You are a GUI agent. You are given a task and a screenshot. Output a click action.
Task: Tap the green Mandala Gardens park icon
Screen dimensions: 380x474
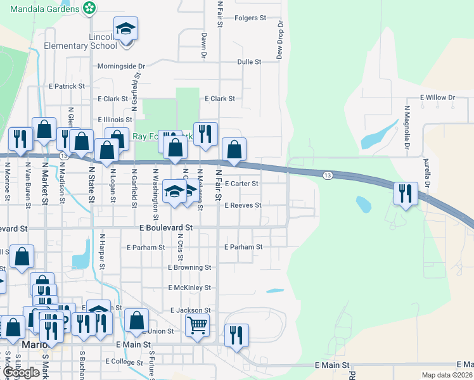pos(91,8)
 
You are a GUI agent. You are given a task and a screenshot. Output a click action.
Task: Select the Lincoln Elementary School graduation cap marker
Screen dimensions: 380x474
pos(125,30)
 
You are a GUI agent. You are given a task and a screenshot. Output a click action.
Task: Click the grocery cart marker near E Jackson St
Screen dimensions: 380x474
pos(198,326)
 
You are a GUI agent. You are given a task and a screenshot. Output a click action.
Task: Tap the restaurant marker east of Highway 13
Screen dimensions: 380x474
pos(405,194)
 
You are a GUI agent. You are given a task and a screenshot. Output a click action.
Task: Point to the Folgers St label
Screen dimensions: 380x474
pos(250,18)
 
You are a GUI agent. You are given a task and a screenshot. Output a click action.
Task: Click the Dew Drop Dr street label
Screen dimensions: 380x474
pos(279,40)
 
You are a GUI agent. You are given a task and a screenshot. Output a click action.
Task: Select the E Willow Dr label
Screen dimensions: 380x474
pos(437,98)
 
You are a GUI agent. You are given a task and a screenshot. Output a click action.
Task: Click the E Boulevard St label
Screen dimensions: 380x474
pos(166,227)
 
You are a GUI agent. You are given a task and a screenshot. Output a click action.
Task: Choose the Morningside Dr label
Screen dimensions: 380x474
pos(121,66)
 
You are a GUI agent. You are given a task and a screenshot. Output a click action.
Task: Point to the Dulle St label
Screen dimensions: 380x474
pos(249,62)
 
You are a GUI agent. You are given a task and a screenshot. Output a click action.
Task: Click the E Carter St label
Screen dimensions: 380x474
pos(241,184)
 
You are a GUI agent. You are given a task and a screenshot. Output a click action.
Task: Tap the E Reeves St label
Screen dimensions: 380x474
pos(243,205)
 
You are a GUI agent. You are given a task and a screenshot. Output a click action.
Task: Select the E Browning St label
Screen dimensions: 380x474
pos(189,268)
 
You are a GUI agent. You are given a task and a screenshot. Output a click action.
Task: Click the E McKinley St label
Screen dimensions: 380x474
pos(189,288)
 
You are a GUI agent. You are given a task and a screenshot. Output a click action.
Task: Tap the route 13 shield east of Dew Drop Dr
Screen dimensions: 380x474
pos(327,175)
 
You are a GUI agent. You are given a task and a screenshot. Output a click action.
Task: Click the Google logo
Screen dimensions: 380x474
pos(21,372)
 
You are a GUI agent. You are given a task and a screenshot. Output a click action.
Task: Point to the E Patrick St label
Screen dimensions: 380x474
pos(67,86)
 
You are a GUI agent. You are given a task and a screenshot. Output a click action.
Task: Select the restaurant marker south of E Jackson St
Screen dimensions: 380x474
pos(236,335)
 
